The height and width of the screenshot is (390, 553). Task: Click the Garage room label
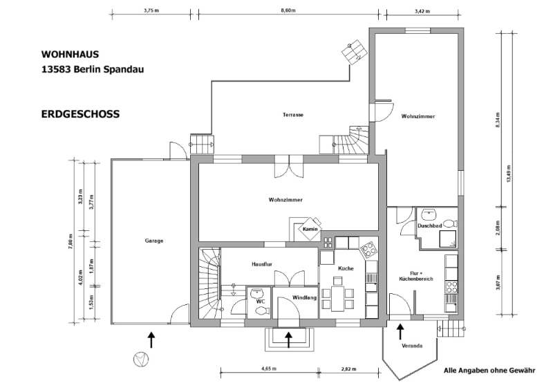(x=154, y=241)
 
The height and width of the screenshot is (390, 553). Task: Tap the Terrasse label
(x=292, y=115)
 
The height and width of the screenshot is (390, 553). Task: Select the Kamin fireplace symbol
(x=310, y=229)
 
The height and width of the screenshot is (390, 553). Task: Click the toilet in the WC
(x=262, y=311)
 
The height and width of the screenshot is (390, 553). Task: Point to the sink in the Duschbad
(x=429, y=213)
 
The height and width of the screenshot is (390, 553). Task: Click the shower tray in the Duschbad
(x=447, y=239)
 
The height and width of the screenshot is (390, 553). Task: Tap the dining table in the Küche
(x=337, y=299)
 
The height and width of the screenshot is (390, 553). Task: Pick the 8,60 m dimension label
(x=288, y=10)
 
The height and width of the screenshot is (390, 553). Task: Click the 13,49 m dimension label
(x=509, y=174)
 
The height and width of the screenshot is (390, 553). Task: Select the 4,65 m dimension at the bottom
(x=269, y=369)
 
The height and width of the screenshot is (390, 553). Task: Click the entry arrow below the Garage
(x=151, y=340)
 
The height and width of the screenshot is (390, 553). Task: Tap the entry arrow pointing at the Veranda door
(x=400, y=332)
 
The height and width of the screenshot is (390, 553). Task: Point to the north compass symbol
(x=141, y=360)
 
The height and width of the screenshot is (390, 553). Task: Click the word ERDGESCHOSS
(x=80, y=114)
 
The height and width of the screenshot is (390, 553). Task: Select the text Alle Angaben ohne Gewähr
(x=489, y=371)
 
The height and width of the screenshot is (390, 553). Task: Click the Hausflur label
(x=262, y=264)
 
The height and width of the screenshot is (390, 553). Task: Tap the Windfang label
(x=304, y=298)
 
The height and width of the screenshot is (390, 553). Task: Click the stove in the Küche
(x=368, y=250)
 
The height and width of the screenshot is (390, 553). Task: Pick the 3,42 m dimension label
(x=422, y=11)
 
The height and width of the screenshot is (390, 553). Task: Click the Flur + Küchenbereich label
(x=416, y=276)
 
